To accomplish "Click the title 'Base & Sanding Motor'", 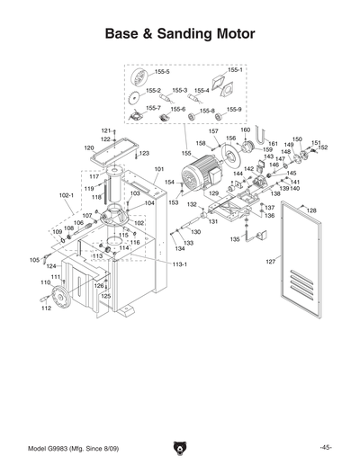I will coord(180,34).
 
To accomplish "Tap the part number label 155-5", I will coord(162,71).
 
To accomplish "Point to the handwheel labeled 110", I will coord(61,300).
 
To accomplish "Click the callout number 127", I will coord(269,262).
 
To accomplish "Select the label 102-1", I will coord(66,193).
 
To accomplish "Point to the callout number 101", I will coord(158,169).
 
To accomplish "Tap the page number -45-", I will coord(325,447).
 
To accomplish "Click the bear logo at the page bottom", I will coord(179,447).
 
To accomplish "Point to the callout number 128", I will coord(311,210).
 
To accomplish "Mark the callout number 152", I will coord(323,148).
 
